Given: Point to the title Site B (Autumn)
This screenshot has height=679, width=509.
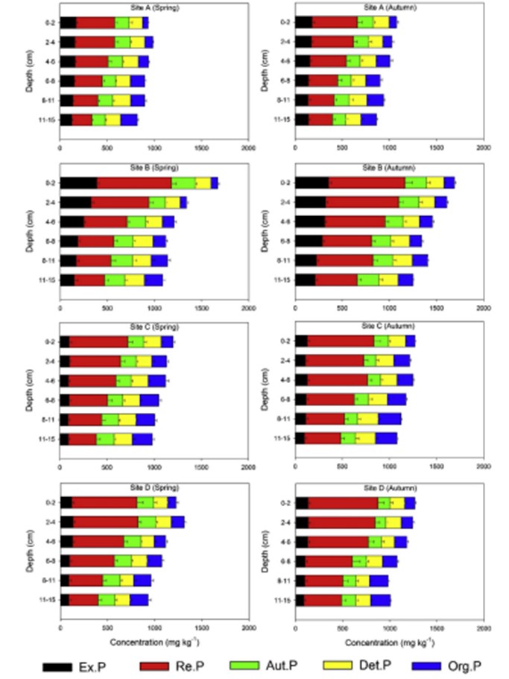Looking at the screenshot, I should tap(389, 167).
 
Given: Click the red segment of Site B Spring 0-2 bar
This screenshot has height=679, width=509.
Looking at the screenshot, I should tap(134, 183).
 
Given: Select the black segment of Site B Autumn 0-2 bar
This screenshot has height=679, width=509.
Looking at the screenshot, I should tap(312, 183).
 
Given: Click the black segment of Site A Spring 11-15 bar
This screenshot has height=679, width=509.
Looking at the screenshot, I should tap(66, 119).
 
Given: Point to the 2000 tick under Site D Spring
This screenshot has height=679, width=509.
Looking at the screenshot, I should tap(248, 628).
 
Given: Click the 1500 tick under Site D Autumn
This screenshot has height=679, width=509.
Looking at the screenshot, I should tap(437, 628).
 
